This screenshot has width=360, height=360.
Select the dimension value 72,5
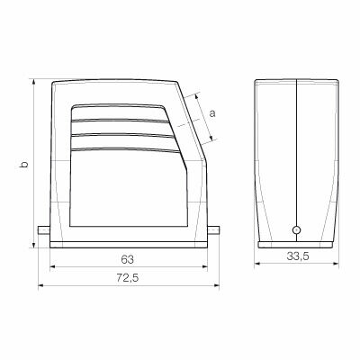(x=127, y=279)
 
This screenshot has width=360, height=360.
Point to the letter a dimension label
(x=212, y=113)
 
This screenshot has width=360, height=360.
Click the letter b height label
(x=25, y=164)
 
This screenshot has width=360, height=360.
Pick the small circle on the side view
(x=297, y=231)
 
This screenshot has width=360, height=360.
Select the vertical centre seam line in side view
(x=296, y=153)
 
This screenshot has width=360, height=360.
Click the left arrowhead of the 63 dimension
(x=53, y=267)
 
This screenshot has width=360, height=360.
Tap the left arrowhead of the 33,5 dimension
(x=257, y=265)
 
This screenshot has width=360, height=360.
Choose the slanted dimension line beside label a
(x=203, y=117)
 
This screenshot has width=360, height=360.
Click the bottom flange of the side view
(x=296, y=243)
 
